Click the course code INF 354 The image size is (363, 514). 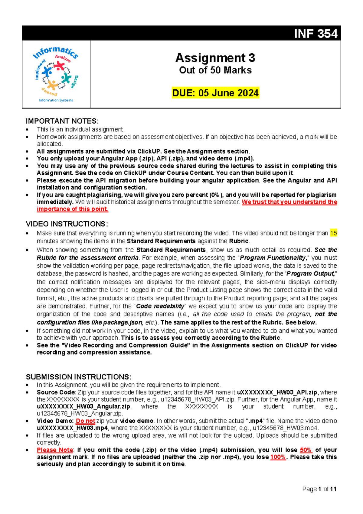[x=316, y=33]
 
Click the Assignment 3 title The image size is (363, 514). [x=215, y=58]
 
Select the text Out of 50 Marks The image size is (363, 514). [x=215, y=70]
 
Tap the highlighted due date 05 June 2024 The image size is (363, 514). [x=215, y=93]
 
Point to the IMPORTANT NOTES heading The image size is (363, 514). [x=62, y=121]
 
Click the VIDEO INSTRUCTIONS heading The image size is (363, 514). [x=67, y=224]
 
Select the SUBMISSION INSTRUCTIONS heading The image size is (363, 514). [x=78, y=377]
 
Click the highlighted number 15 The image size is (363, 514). [x=333, y=233]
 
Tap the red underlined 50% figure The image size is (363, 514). [x=306, y=450]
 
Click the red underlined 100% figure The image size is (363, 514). [x=278, y=457]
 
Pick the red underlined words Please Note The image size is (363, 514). [x=55, y=450]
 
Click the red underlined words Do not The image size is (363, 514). [x=85, y=421]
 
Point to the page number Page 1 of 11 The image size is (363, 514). [x=319, y=489]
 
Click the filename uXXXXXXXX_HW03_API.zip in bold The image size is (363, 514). [x=277, y=392]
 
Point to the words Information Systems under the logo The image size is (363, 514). [x=56, y=100]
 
